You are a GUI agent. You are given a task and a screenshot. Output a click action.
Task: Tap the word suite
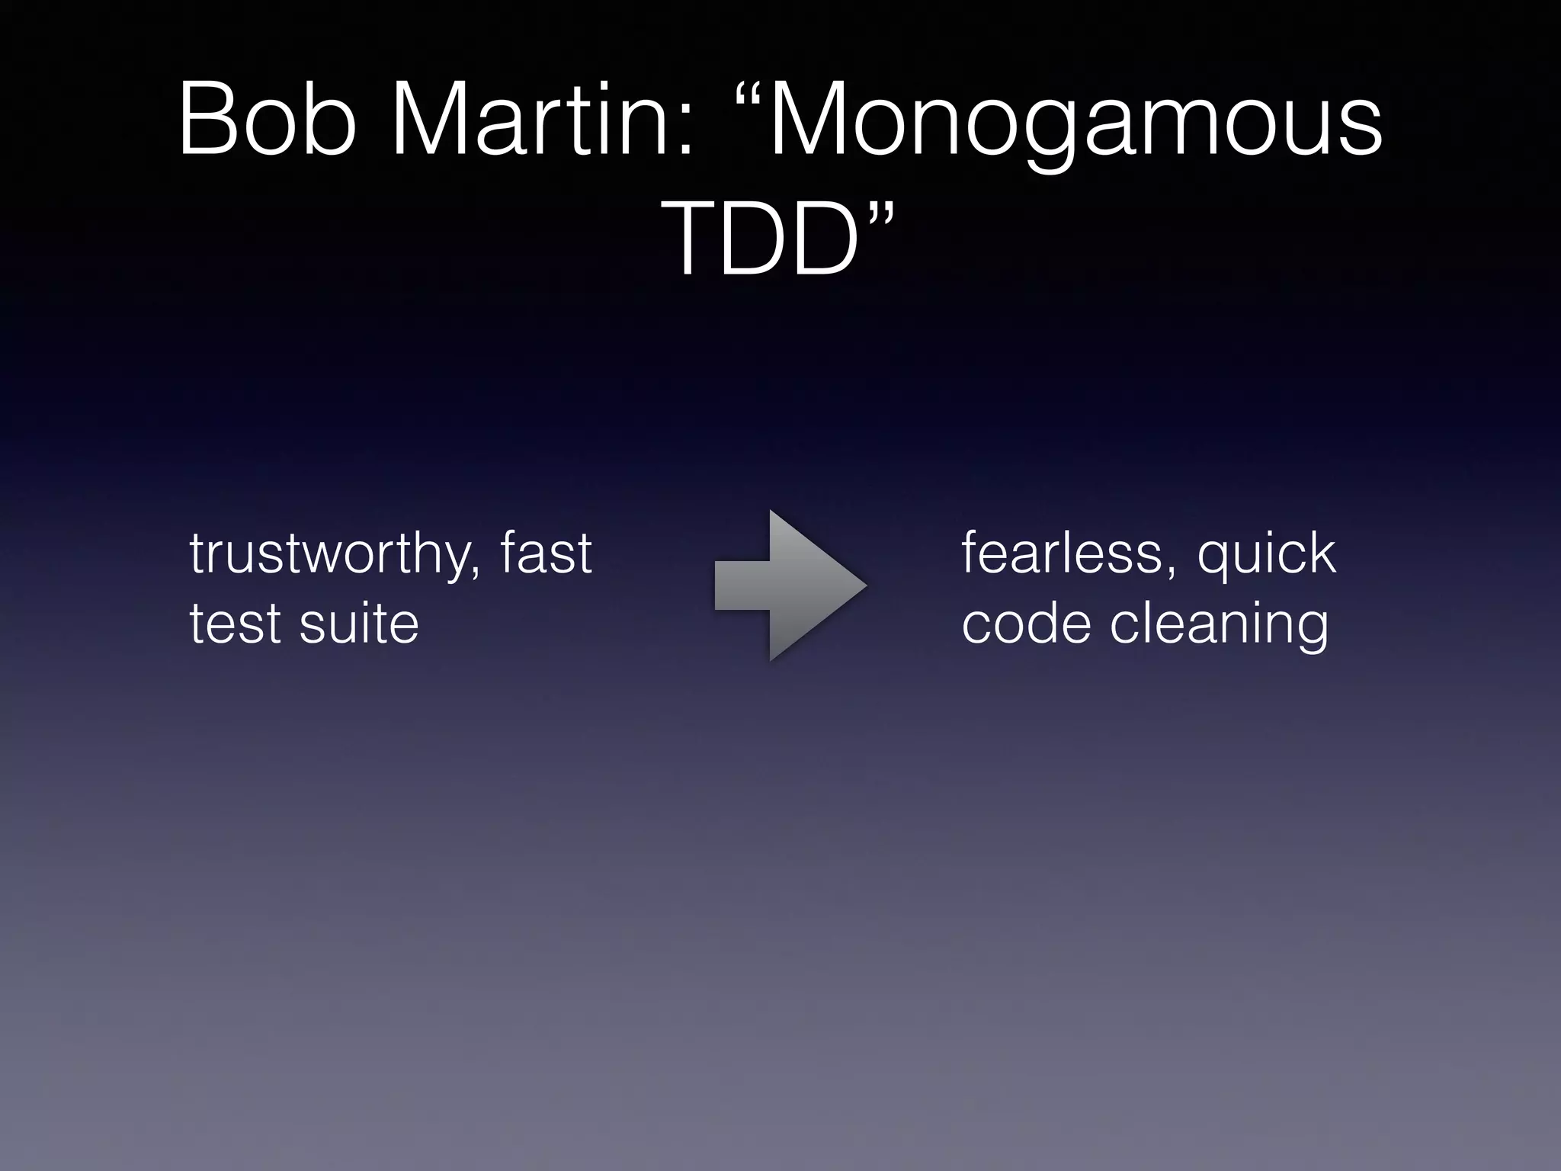tap(359, 624)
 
